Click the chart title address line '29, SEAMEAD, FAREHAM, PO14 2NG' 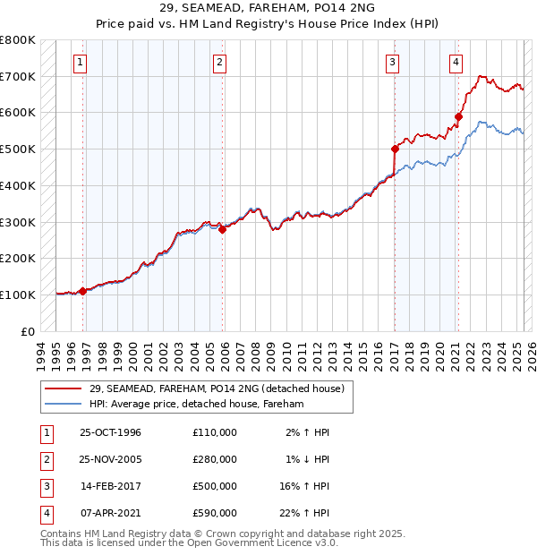coord(268,9)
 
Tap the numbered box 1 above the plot coord(81,62)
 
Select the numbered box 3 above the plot coord(393,62)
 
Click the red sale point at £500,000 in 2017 coord(395,149)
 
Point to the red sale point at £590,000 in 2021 coord(458,115)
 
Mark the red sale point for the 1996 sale coord(82,291)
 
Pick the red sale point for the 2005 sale coord(223,229)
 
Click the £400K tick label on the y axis coord(18,185)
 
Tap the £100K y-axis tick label coord(18,295)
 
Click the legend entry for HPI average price coord(197,405)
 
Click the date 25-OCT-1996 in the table coord(110,432)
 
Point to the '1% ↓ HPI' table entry coord(307,459)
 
